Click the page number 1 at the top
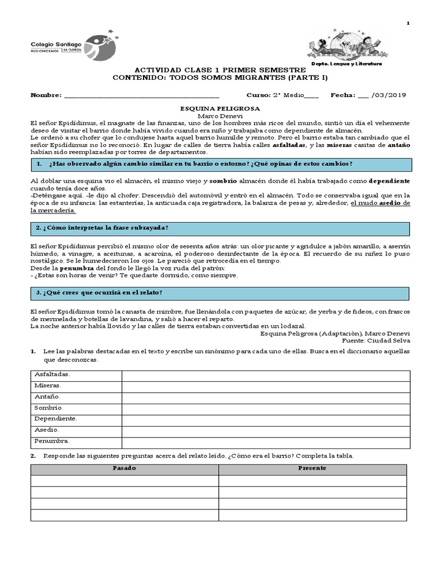(408, 23)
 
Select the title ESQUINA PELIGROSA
(220, 108)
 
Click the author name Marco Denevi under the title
(220, 115)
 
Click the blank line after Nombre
(141, 95)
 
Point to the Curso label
(259, 95)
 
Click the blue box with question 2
(220, 229)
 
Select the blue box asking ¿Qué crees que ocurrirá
(220, 293)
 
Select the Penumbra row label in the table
(52, 441)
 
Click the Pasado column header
(125, 469)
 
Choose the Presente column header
(312, 469)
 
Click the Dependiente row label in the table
(56, 419)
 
